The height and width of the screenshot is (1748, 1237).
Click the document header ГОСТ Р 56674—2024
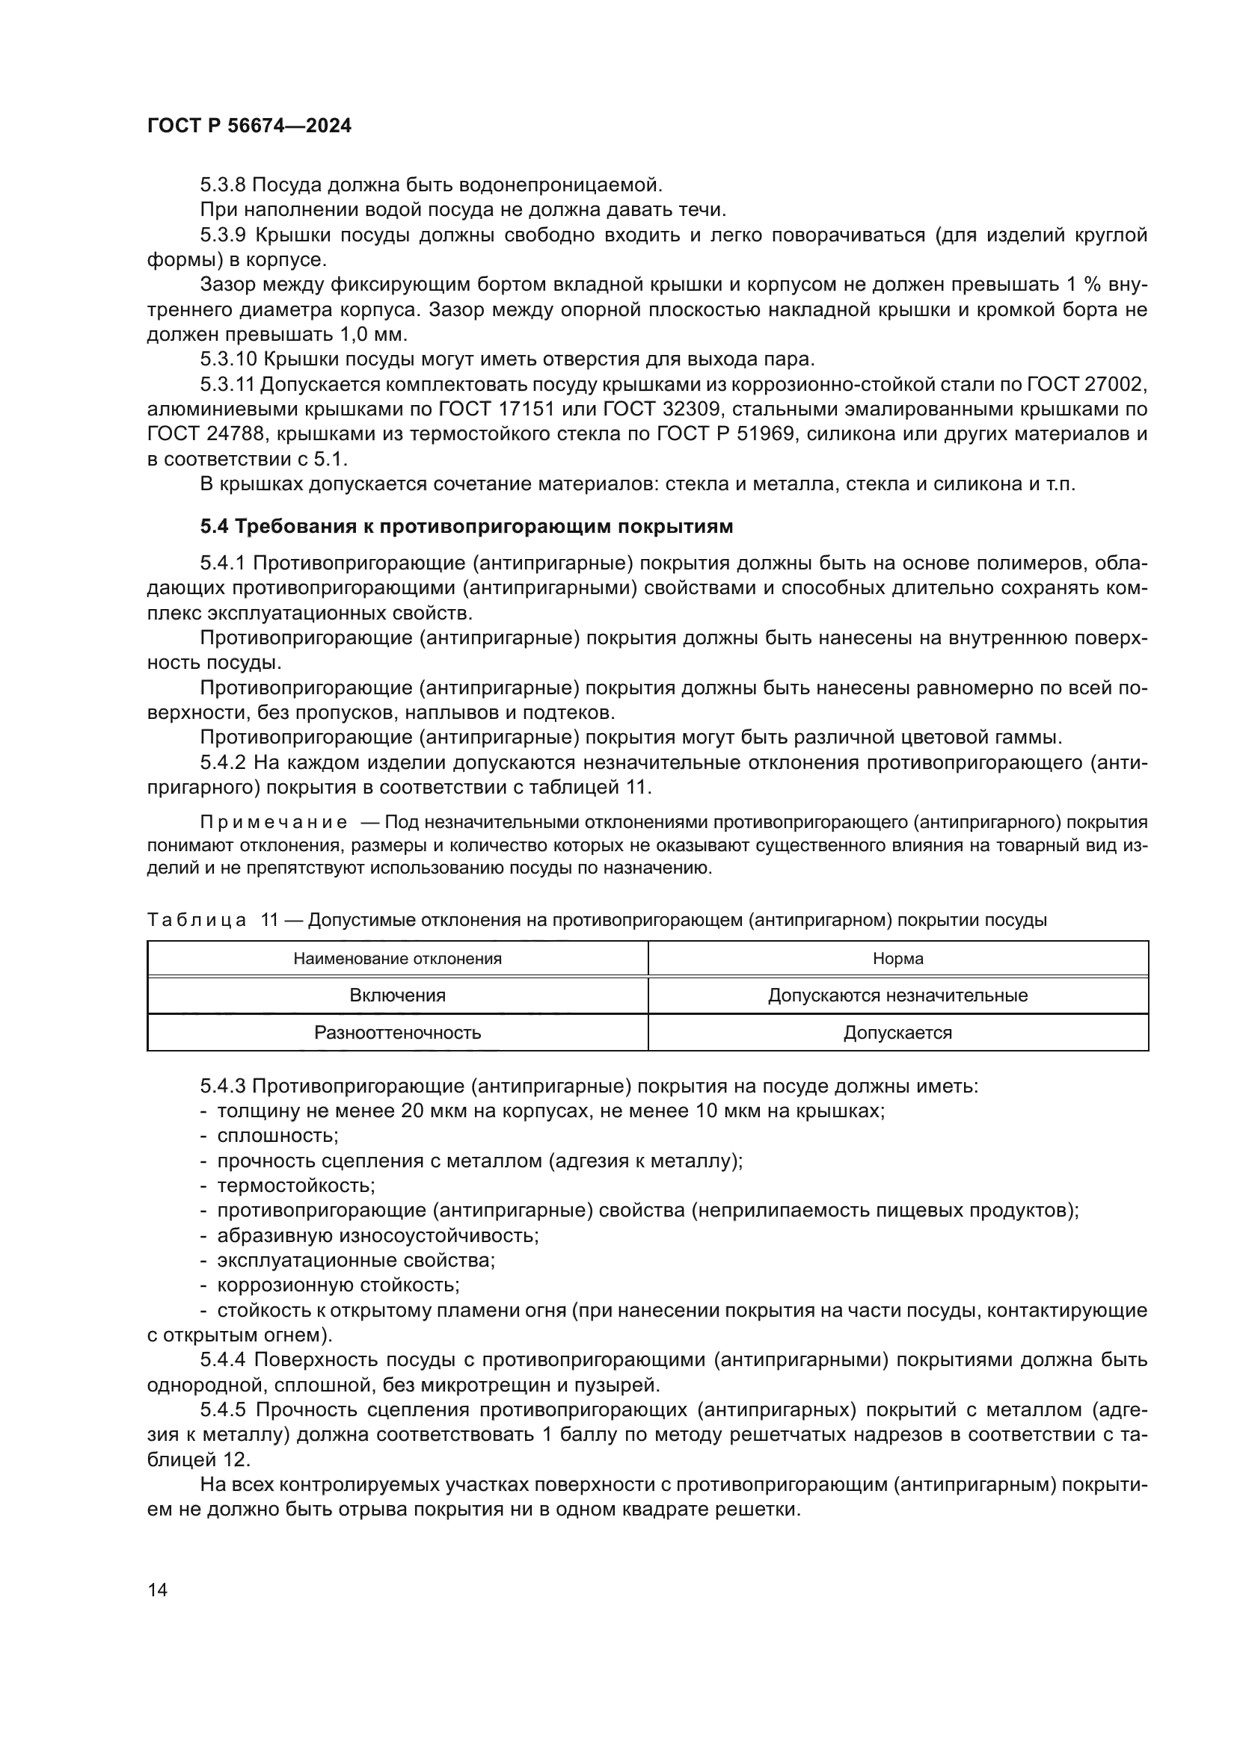tap(249, 126)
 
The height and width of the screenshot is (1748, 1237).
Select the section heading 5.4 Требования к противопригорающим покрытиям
tap(466, 526)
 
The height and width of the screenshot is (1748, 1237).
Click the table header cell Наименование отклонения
tap(398, 959)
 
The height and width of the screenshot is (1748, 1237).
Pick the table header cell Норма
tap(897, 959)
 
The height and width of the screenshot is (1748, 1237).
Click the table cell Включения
tap(398, 995)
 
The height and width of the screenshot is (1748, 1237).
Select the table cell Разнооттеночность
tap(398, 1032)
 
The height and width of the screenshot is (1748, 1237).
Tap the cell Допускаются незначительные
tap(897, 995)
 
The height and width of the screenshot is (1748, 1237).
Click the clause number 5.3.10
tap(228, 359)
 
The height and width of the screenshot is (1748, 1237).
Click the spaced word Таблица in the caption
tap(197, 921)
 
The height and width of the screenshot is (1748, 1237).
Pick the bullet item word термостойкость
tap(295, 1185)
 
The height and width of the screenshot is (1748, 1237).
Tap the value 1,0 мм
tap(363, 334)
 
